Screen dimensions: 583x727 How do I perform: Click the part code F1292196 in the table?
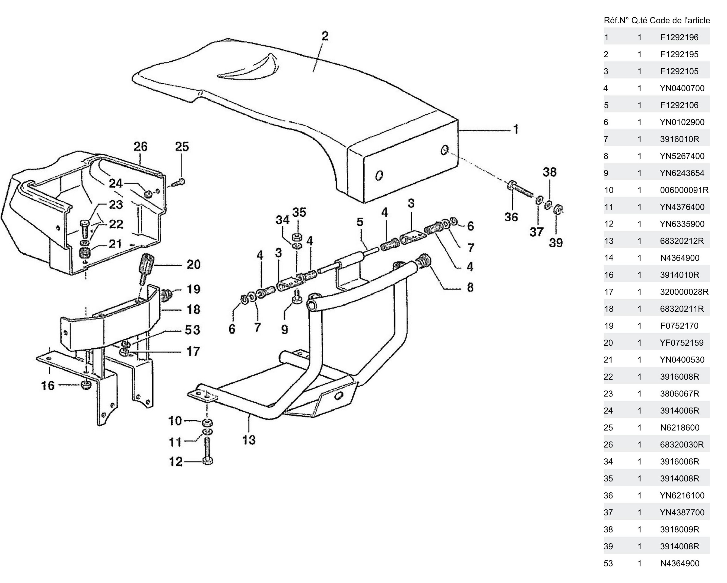[679, 37]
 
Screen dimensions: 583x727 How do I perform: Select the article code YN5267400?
[682, 156]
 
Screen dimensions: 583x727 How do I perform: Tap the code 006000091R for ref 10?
[684, 190]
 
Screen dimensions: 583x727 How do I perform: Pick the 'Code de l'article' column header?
[679, 21]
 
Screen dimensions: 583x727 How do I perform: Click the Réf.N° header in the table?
[616, 21]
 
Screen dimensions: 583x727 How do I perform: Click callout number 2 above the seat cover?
[325, 36]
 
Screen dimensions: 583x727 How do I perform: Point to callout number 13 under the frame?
[249, 440]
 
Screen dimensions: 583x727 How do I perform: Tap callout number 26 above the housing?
[140, 147]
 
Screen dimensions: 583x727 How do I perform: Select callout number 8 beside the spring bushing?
[470, 288]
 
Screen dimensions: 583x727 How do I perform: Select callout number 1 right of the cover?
[516, 129]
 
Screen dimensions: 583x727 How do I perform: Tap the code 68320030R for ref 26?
[681, 445]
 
